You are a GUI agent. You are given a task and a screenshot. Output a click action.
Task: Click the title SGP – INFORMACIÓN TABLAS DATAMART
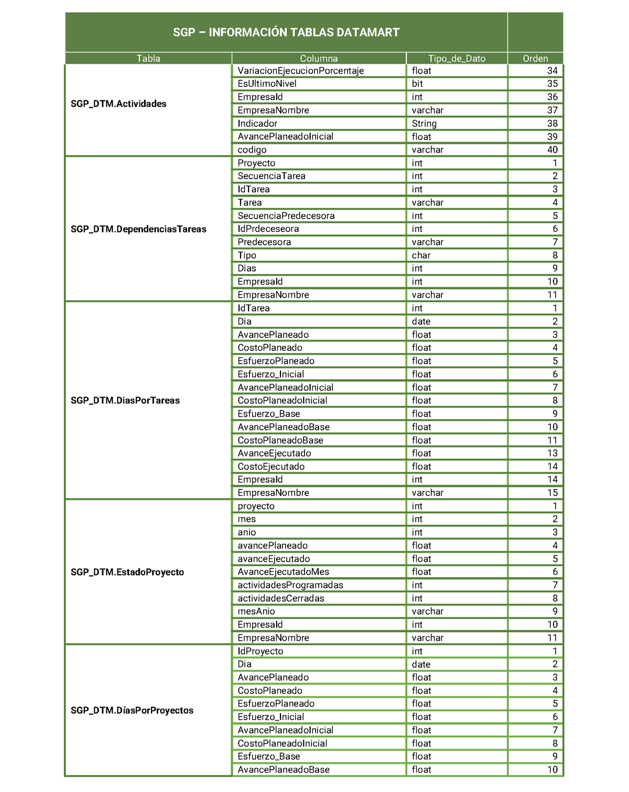(286, 32)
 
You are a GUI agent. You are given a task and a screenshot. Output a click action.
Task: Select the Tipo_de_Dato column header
(457, 59)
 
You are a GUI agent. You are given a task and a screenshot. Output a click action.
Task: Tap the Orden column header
(535, 59)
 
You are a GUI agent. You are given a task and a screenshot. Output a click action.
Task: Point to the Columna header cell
(319, 59)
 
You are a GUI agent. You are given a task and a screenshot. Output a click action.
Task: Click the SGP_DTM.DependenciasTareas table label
(138, 229)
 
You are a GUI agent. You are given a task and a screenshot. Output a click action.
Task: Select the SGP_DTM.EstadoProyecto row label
(127, 572)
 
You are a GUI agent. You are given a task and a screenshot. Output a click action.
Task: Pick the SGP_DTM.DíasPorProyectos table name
(132, 710)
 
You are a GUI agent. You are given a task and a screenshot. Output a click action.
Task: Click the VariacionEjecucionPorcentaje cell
(300, 71)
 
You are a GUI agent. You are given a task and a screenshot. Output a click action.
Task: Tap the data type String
(424, 124)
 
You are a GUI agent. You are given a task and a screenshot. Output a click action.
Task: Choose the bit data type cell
(417, 84)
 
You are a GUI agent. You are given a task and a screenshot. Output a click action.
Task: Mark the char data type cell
(421, 255)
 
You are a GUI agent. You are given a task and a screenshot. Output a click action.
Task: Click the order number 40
(552, 150)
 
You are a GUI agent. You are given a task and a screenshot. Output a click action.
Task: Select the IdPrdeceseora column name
(268, 229)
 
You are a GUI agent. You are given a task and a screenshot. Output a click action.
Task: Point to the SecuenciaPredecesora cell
(286, 216)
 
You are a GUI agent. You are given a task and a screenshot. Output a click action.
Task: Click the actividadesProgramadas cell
(290, 585)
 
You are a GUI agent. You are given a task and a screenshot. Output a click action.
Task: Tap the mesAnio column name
(256, 611)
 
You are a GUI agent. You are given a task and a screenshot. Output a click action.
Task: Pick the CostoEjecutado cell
(271, 466)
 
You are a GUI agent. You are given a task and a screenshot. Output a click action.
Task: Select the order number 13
(552, 453)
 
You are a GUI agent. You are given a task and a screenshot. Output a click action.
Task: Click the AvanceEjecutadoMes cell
(283, 572)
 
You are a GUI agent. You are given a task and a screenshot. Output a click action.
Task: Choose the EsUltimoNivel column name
(267, 84)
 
